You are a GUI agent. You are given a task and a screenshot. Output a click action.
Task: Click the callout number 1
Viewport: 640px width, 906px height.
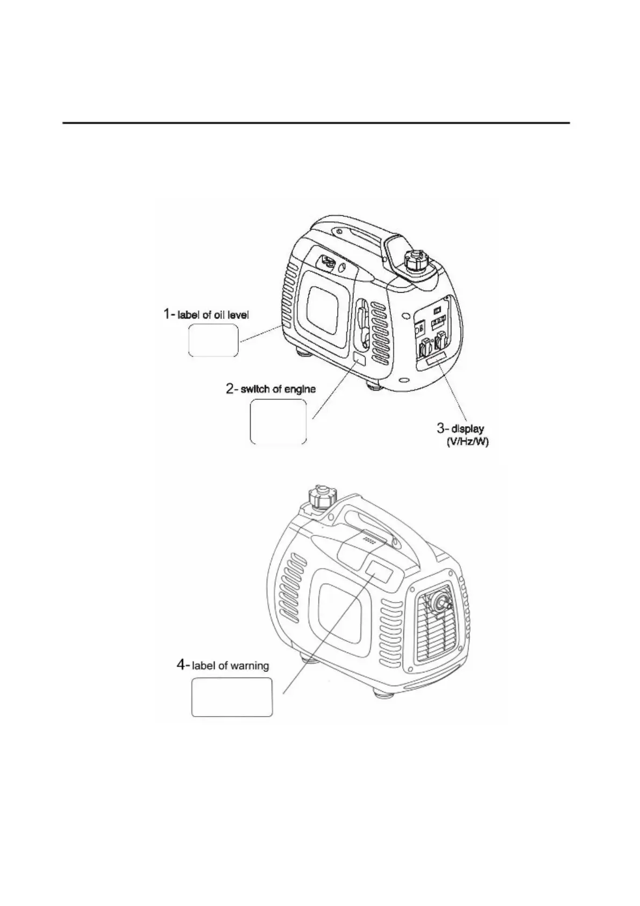tap(168, 313)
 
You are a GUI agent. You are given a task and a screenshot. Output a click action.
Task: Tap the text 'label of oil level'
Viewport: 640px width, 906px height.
tap(213, 314)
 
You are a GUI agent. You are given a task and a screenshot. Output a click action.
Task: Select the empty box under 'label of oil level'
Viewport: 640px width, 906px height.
tap(213, 340)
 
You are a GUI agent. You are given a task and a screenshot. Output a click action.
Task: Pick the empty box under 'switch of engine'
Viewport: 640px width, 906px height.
tap(278, 422)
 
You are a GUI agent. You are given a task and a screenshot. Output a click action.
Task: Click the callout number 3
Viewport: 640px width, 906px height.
tap(441, 428)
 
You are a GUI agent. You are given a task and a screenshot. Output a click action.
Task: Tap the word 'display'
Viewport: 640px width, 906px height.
tap(467, 429)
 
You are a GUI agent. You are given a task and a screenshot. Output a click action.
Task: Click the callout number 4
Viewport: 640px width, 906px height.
tap(182, 665)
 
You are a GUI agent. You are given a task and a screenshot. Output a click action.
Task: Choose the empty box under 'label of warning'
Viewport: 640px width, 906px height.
tap(232, 697)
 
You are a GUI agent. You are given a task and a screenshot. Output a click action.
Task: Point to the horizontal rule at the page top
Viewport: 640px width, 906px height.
tap(316, 123)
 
